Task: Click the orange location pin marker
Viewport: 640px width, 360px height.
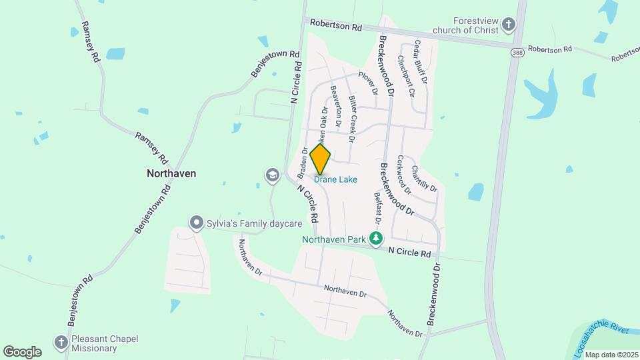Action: click(x=321, y=159)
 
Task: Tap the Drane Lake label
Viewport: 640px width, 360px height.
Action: click(x=335, y=179)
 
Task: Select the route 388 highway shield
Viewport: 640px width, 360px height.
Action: click(x=517, y=52)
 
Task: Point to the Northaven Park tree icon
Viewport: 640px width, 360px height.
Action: click(x=377, y=238)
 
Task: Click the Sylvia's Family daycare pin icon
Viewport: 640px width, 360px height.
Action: click(x=196, y=223)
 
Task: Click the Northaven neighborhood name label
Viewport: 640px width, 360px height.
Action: click(x=171, y=173)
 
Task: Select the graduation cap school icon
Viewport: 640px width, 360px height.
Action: click(x=271, y=175)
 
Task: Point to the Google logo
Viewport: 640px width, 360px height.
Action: click(x=22, y=351)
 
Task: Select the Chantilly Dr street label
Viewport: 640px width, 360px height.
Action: click(x=425, y=179)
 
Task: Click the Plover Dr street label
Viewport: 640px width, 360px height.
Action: click(x=369, y=82)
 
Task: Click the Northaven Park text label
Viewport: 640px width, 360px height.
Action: click(x=335, y=238)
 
